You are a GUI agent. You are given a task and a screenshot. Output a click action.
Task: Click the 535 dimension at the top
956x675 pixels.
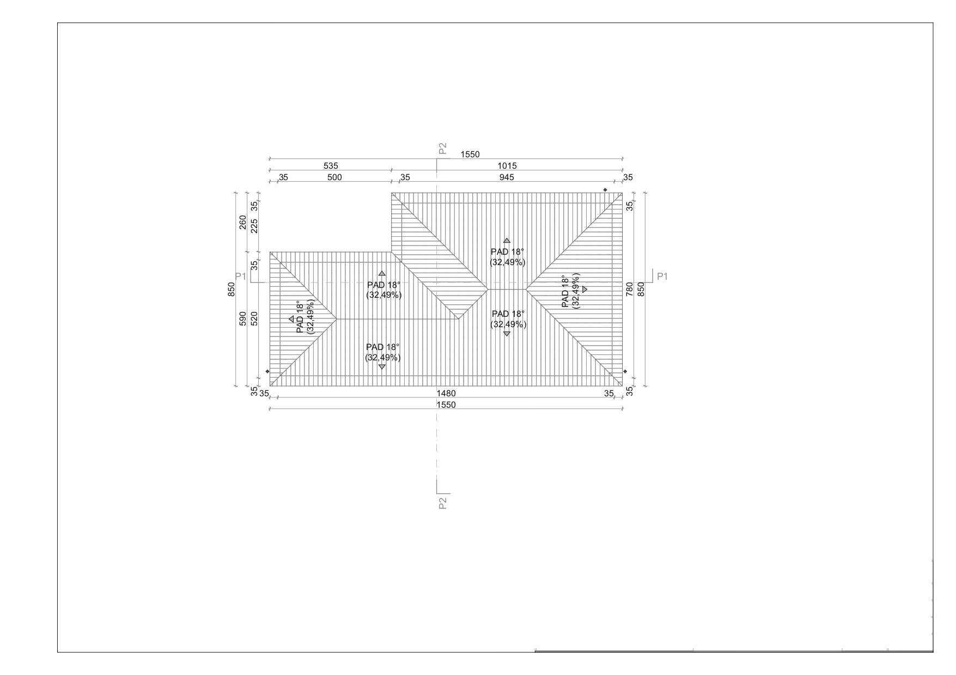pos(331,166)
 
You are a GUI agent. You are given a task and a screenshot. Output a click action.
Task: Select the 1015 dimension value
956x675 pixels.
pos(507,166)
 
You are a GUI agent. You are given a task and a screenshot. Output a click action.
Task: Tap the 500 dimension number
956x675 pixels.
pos(334,177)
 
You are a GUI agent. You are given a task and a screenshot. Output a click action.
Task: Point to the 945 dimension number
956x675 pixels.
pos(507,177)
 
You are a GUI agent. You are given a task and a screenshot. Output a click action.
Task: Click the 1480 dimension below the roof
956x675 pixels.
pos(446,394)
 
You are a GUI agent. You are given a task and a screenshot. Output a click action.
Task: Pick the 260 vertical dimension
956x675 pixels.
pos(242,223)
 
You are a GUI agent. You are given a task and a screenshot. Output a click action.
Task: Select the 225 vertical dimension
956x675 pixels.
pos(254,225)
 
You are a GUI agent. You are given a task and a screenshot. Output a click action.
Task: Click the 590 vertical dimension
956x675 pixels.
pos(242,318)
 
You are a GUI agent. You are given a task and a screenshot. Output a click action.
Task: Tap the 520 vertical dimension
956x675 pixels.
pos(254,318)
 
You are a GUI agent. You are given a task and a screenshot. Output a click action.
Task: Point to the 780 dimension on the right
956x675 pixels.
pos(630,289)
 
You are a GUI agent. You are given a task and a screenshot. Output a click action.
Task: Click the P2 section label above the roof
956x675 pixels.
pos(442,148)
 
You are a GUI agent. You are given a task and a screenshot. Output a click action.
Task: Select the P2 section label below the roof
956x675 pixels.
pos(442,503)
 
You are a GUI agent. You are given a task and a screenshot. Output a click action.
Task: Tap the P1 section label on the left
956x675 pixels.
pos(241,277)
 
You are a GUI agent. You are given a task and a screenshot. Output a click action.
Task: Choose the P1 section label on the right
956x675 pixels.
pos(662,277)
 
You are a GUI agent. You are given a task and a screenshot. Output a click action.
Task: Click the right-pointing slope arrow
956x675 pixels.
pos(584,290)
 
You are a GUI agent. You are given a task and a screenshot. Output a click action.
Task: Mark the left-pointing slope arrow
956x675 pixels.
pos(291,319)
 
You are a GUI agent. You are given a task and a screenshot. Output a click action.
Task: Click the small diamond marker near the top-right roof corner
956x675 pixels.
pos(605,189)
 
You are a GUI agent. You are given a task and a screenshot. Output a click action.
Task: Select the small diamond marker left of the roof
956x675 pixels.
pos(267,371)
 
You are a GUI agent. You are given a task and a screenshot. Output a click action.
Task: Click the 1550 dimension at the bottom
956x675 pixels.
pos(446,405)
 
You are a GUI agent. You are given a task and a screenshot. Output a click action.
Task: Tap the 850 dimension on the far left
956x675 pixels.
pos(231,289)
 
